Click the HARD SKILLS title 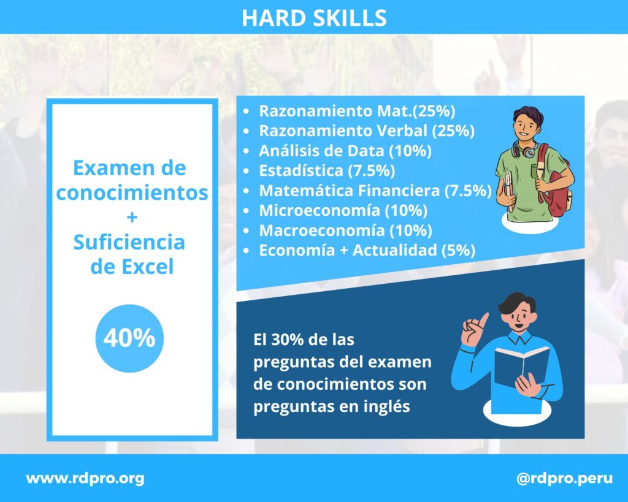pyautogui.click(x=314, y=18)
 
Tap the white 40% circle pyautogui.click(x=129, y=338)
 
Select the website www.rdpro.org pyautogui.click(x=85, y=478)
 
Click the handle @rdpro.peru pyautogui.click(x=564, y=478)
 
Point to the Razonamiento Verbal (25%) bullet pyautogui.click(x=367, y=131)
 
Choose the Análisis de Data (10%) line pyautogui.click(x=345, y=151)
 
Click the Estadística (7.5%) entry pyautogui.click(x=327, y=170)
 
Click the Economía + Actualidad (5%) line pyautogui.click(x=367, y=250)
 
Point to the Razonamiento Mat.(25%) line pyautogui.click(x=357, y=111)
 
